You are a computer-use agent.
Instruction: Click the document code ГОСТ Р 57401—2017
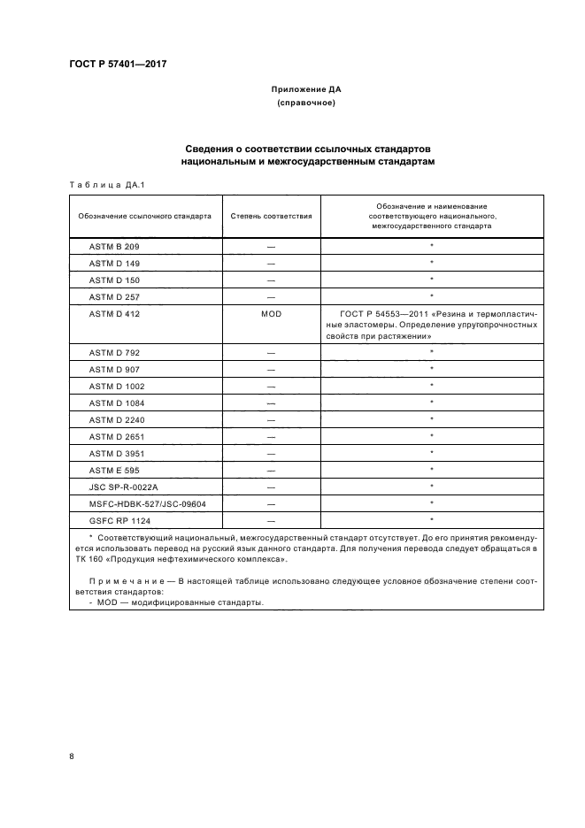pyautogui.click(x=118, y=65)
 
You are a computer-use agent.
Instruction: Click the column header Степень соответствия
pyautogui.click(x=271, y=215)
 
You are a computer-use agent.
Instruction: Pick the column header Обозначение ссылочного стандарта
pyautogui.click(x=145, y=215)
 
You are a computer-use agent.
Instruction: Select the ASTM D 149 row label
pyautogui.click(x=114, y=263)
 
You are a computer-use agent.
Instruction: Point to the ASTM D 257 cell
pyautogui.click(x=114, y=296)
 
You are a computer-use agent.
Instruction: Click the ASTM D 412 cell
pyautogui.click(x=114, y=313)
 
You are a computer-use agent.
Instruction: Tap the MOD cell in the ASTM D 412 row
pyautogui.click(x=271, y=313)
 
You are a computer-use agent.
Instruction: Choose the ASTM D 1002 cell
pyautogui.click(x=117, y=386)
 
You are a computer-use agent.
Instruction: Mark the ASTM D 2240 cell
pyautogui.click(x=117, y=419)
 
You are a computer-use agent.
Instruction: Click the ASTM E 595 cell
pyautogui.click(x=114, y=470)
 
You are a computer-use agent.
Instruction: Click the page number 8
pyautogui.click(x=72, y=756)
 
